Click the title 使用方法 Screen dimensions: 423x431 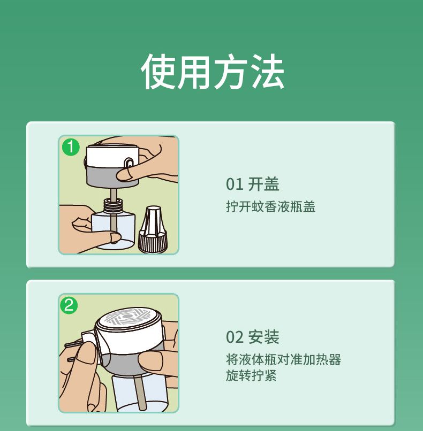[213, 71]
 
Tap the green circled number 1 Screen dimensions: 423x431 [71, 147]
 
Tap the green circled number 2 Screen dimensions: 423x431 [69, 305]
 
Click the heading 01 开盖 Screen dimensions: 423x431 [252, 184]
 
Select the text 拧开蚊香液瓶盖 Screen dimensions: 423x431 [270, 206]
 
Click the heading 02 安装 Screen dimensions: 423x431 [252, 337]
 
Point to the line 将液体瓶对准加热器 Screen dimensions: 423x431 [283, 359]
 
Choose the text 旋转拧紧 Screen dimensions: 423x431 [251, 375]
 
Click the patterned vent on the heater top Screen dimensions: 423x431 [127, 317]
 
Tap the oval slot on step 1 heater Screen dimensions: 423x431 [129, 163]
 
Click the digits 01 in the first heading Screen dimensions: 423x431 [235, 184]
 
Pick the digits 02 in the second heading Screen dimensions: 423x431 [235, 337]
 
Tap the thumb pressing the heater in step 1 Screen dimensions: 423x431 [126, 174]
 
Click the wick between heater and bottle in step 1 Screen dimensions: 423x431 [113, 194]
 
